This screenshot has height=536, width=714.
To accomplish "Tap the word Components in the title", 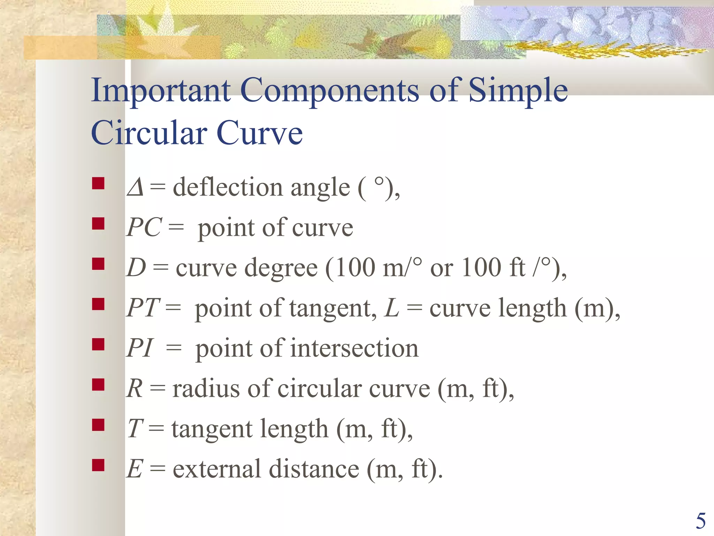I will point(329,91).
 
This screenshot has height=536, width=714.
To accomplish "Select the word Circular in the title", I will point(149,133).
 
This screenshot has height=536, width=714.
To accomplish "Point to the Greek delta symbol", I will point(135,187).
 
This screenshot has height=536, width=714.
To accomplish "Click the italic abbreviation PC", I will point(144,228).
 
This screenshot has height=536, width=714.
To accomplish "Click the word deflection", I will point(227,187).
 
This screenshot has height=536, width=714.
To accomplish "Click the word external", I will point(217,469).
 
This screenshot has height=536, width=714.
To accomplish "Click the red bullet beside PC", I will point(98,223).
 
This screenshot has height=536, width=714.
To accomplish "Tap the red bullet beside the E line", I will point(98,465).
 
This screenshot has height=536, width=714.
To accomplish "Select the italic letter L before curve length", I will point(392,308).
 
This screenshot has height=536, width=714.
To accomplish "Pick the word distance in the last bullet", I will point(314,469).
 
